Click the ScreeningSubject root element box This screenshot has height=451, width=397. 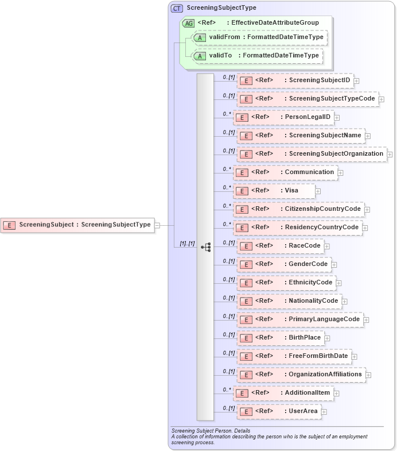pyautogui.click(x=77, y=225)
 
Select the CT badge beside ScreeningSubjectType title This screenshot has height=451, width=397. pyautogui.click(x=177, y=8)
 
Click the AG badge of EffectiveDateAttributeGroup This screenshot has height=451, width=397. pyautogui.click(x=188, y=23)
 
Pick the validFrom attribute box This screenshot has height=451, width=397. pyautogui.click(x=260, y=38)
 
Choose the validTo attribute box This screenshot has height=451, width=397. pyautogui.click(x=257, y=56)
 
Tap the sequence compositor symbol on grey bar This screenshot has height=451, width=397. pyautogui.click(x=205, y=247)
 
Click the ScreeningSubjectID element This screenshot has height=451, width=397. pyautogui.click(x=295, y=80)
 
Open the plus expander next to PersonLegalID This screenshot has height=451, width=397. pyautogui.click(x=337, y=118)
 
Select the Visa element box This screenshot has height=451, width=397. pyautogui.click(x=274, y=191)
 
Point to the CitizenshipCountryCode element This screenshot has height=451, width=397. pyautogui.click(x=298, y=209)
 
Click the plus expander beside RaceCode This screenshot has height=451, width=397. pyautogui.click(x=327, y=246)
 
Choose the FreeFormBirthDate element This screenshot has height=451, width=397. pyautogui.click(x=294, y=356)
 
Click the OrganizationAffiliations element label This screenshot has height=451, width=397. pyautogui.click(x=325, y=374)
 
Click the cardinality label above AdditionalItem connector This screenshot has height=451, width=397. pyautogui.click(x=227, y=389)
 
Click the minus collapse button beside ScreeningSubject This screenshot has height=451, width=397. pyautogui.click(x=157, y=225)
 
